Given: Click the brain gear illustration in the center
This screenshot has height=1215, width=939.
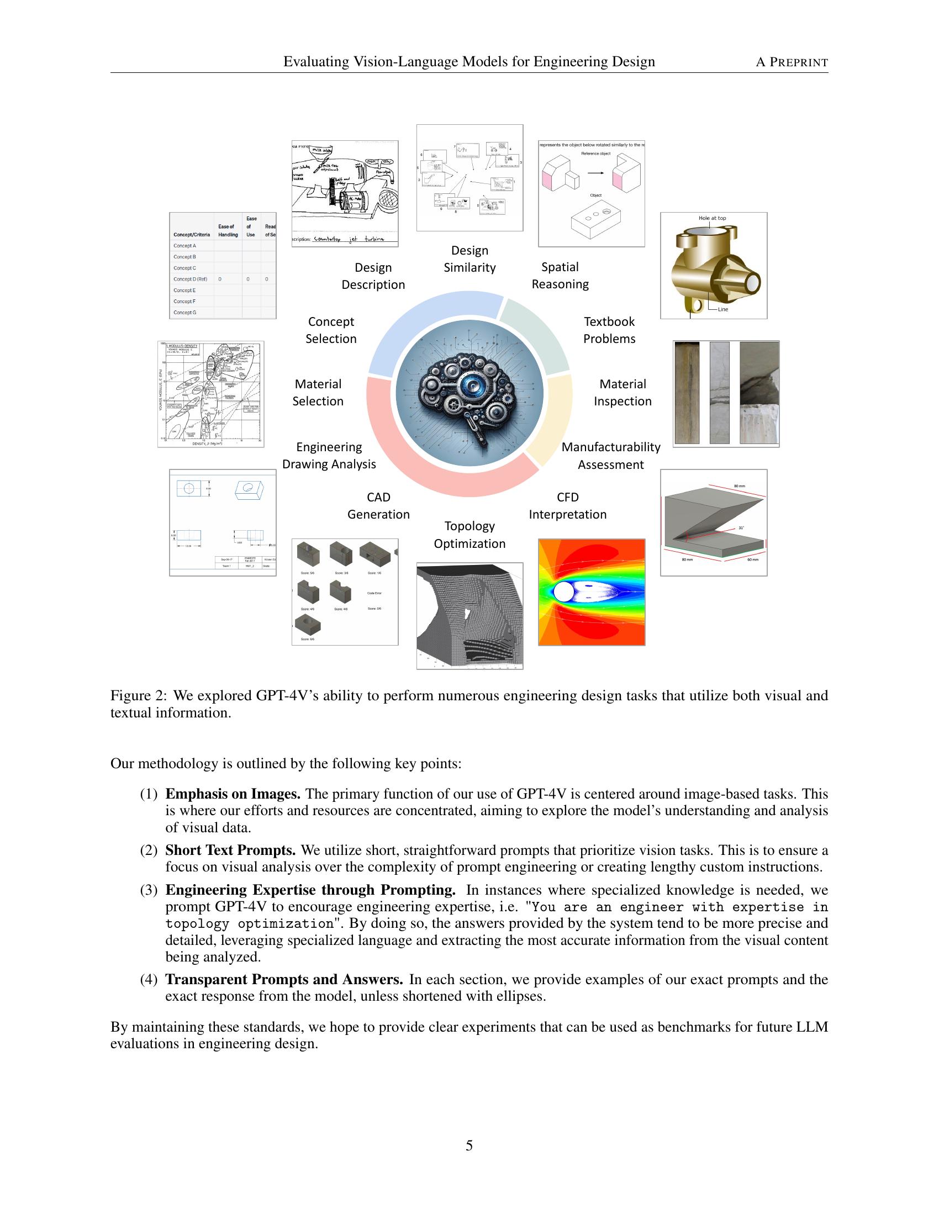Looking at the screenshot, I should click(469, 393).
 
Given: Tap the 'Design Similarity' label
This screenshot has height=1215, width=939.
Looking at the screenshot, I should click(469, 259).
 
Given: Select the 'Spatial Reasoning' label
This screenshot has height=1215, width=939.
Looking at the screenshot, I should click(560, 276).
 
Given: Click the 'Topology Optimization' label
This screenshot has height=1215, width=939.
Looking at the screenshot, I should click(469, 535).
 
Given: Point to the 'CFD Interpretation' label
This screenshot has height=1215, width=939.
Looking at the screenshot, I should click(567, 506).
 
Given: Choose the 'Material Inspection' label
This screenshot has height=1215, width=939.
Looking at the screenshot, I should click(622, 393).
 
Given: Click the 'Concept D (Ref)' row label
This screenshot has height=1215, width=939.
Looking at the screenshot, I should click(189, 279).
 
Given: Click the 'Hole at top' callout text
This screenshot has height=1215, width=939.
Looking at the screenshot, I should click(712, 218).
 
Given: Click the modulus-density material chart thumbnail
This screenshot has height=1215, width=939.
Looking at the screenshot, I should click(211, 394).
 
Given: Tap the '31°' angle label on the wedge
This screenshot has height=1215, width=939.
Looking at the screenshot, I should click(741, 527).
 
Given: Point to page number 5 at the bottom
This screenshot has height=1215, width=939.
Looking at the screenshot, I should click(469, 1145).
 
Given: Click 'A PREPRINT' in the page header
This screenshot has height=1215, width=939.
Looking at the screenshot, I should click(791, 62).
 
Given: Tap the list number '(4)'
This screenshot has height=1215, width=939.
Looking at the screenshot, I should click(149, 979).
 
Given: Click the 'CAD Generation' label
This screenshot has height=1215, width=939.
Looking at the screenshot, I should click(378, 506).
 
